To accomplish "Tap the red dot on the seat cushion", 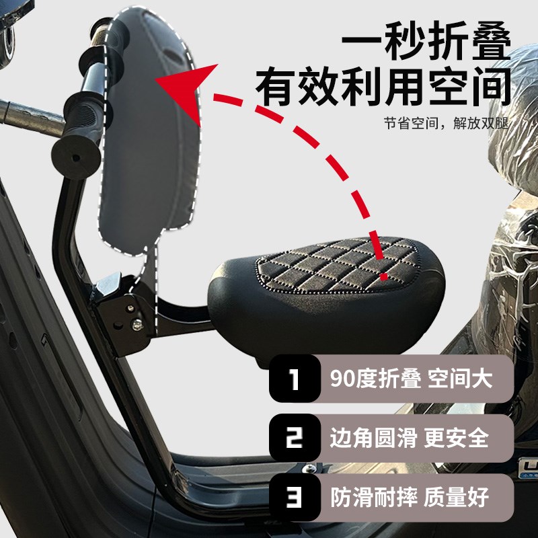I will pyautogui.click(x=384, y=275).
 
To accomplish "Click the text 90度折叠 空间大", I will pyautogui.click(x=412, y=379).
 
